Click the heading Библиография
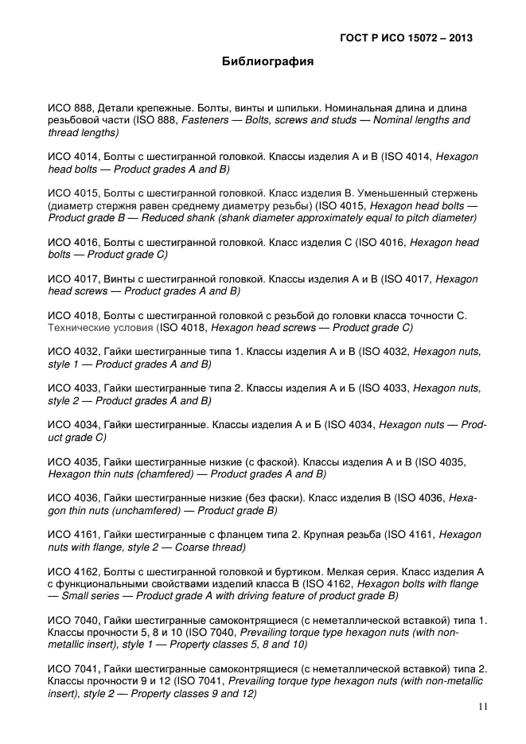[x=267, y=61]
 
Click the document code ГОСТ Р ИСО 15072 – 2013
[x=411, y=37]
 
